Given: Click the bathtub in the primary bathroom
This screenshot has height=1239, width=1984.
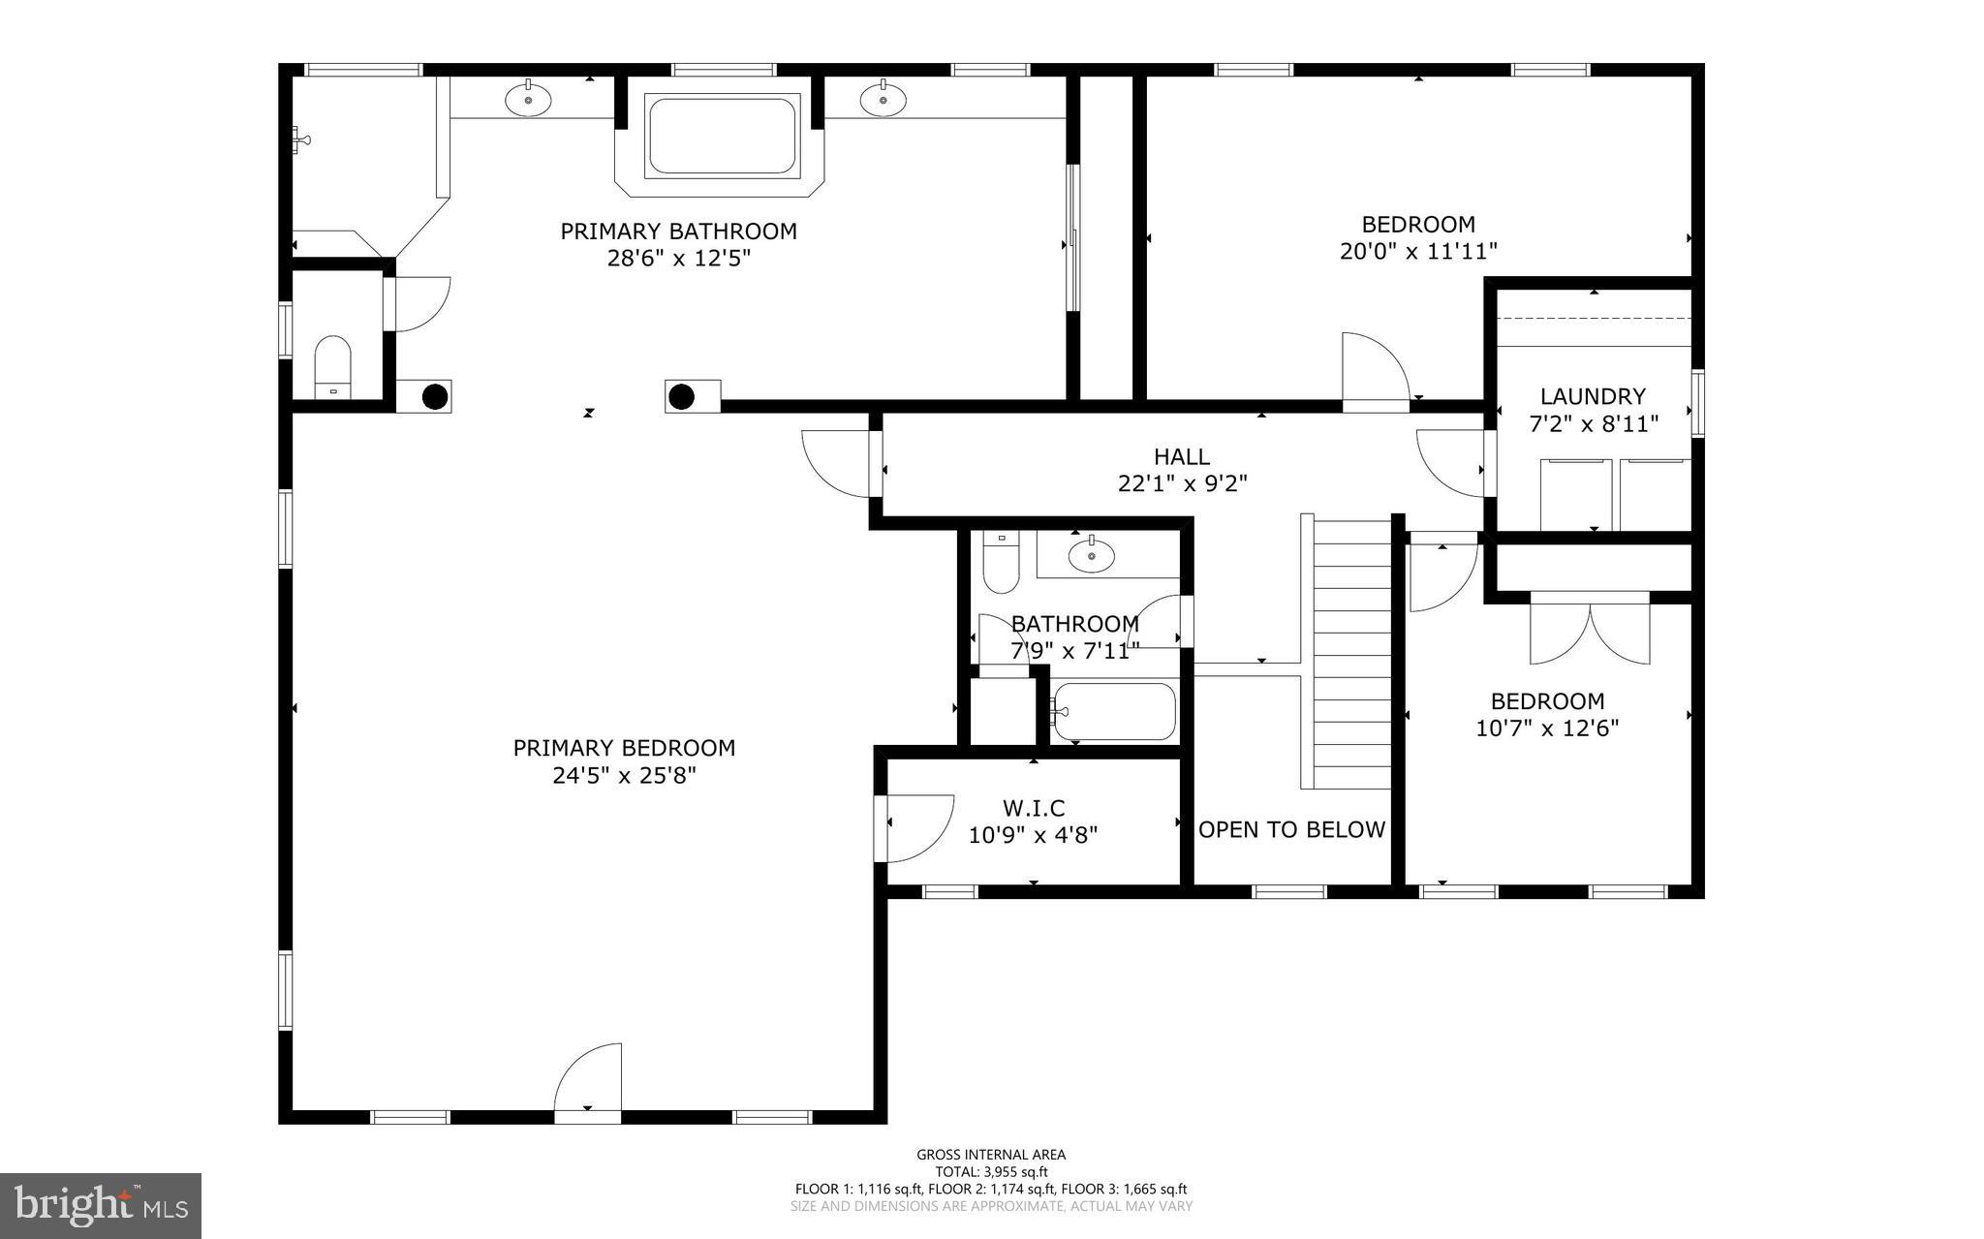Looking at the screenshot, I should click(x=722, y=136).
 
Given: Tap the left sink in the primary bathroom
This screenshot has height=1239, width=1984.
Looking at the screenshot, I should click(x=528, y=99).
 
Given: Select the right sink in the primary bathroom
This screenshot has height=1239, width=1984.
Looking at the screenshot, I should click(x=883, y=99).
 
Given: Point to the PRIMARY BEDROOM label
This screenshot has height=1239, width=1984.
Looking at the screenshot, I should click(x=624, y=748).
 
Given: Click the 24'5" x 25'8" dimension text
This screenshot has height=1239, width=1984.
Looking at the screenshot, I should click(x=624, y=776).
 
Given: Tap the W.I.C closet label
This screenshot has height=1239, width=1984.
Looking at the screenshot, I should click(x=1034, y=807).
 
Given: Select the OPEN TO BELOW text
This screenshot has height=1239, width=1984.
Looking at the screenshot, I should click(x=1292, y=829).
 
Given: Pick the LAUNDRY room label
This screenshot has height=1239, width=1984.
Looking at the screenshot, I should click(x=1593, y=396).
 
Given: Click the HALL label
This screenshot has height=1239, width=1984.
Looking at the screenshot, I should click(x=1182, y=456).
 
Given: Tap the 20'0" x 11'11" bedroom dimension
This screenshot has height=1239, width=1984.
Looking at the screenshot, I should click(x=1418, y=252).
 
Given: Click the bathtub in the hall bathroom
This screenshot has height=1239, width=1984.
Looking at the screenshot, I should click(x=1114, y=712).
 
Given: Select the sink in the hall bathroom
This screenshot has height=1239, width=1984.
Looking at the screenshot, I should click(x=1091, y=556).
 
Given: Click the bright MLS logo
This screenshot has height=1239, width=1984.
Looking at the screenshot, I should click(x=101, y=1205).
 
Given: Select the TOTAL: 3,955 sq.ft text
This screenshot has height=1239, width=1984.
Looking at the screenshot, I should click(x=991, y=1171).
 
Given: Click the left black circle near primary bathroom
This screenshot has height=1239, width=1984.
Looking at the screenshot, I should click(x=435, y=396).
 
